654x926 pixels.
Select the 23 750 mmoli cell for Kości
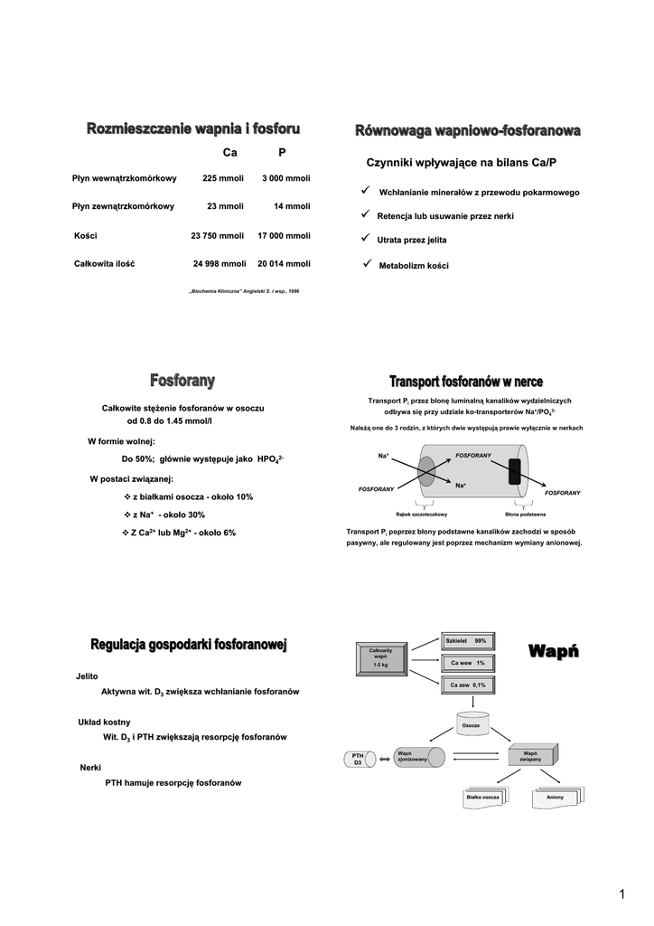pyautogui.click(x=218, y=235)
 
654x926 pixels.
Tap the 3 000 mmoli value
pyautogui.click(x=285, y=178)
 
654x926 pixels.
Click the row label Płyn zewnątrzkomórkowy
pyautogui.click(x=123, y=206)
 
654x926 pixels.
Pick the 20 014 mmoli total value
pyautogui.click(x=284, y=264)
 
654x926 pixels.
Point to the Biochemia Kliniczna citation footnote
pyautogui.click(x=243, y=291)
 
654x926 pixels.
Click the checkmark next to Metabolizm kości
pyautogui.click(x=367, y=264)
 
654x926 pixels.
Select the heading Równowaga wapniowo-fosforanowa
pyautogui.click(x=466, y=133)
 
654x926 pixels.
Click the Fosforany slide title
pyautogui.click(x=182, y=381)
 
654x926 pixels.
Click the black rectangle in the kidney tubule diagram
pyautogui.click(x=515, y=471)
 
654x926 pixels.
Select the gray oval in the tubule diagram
pyautogui.click(x=426, y=472)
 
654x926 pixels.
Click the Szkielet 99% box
pyautogui.click(x=466, y=641)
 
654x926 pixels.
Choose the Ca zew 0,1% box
pyautogui.click(x=467, y=685)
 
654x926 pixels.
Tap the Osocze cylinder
pyautogui.click(x=471, y=725)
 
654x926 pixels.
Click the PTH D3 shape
pyautogui.click(x=358, y=759)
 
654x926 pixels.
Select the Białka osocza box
pyautogui.click(x=483, y=798)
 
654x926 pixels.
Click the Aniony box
pyautogui.click(x=555, y=798)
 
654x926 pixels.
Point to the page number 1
pyautogui.click(x=621, y=894)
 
